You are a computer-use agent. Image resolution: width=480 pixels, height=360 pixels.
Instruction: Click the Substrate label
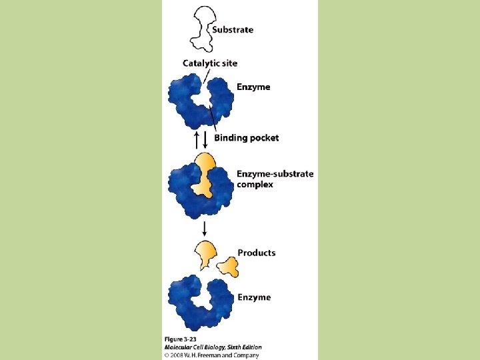pyautogui.click(x=233, y=29)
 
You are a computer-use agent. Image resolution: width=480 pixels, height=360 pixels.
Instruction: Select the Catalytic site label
pyautogui.click(x=210, y=63)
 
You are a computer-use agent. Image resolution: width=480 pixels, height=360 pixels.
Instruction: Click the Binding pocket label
pyautogui.click(x=246, y=138)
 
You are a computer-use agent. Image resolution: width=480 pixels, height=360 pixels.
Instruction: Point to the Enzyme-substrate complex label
pyautogui.click(x=275, y=179)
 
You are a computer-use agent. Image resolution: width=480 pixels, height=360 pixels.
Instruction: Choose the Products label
pyautogui.click(x=257, y=253)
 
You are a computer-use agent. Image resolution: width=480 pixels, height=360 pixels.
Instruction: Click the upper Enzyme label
pyautogui.click(x=253, y=87)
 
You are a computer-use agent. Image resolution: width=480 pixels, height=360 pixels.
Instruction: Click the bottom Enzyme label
pyautogui.click(x=254, y=297)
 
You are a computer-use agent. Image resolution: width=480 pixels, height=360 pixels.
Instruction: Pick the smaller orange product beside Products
pyautogui.click(x=229, y=267)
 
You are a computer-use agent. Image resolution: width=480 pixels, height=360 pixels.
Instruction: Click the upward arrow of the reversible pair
pyautogui.click(x=196, y=139)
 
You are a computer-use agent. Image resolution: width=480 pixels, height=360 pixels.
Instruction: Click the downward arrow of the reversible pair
pyautogui.click(x=205, y=139)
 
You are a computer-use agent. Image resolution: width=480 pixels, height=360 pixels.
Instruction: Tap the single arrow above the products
pyautogui.click(x=205, y=229)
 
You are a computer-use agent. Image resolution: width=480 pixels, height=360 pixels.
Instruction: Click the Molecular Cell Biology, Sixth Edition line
pyautogui.click(x=213, y=347)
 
